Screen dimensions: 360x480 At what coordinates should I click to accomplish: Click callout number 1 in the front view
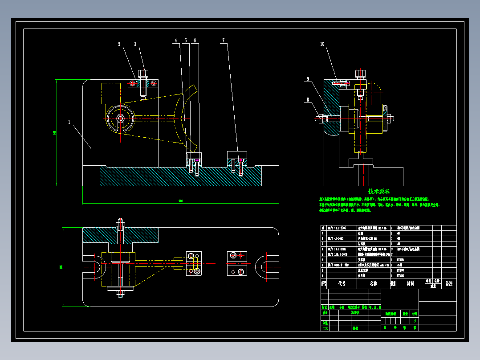point(69,121)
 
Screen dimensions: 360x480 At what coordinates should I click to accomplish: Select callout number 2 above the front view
point(119,44)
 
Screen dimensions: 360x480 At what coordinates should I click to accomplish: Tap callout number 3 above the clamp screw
point(135,44)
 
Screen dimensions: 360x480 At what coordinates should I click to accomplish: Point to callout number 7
point(224,41)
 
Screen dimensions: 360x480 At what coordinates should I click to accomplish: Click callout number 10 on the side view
point(322,44)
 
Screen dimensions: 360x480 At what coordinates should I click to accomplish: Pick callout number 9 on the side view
point(307,79)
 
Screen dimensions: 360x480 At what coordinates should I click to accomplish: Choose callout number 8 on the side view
point(307,100)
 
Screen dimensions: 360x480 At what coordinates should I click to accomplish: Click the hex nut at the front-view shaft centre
point(120,119)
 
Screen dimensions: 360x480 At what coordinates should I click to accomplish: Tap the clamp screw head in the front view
point(143,73)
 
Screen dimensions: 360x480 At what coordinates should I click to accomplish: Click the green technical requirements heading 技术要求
point(379,191)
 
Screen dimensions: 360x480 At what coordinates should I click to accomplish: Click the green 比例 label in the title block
point(415,314)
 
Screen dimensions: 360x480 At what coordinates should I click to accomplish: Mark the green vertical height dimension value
point(54,132)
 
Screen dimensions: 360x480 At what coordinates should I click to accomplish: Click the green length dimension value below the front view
point(180,201)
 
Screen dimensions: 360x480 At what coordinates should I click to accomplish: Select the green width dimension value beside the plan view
point(61,267)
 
